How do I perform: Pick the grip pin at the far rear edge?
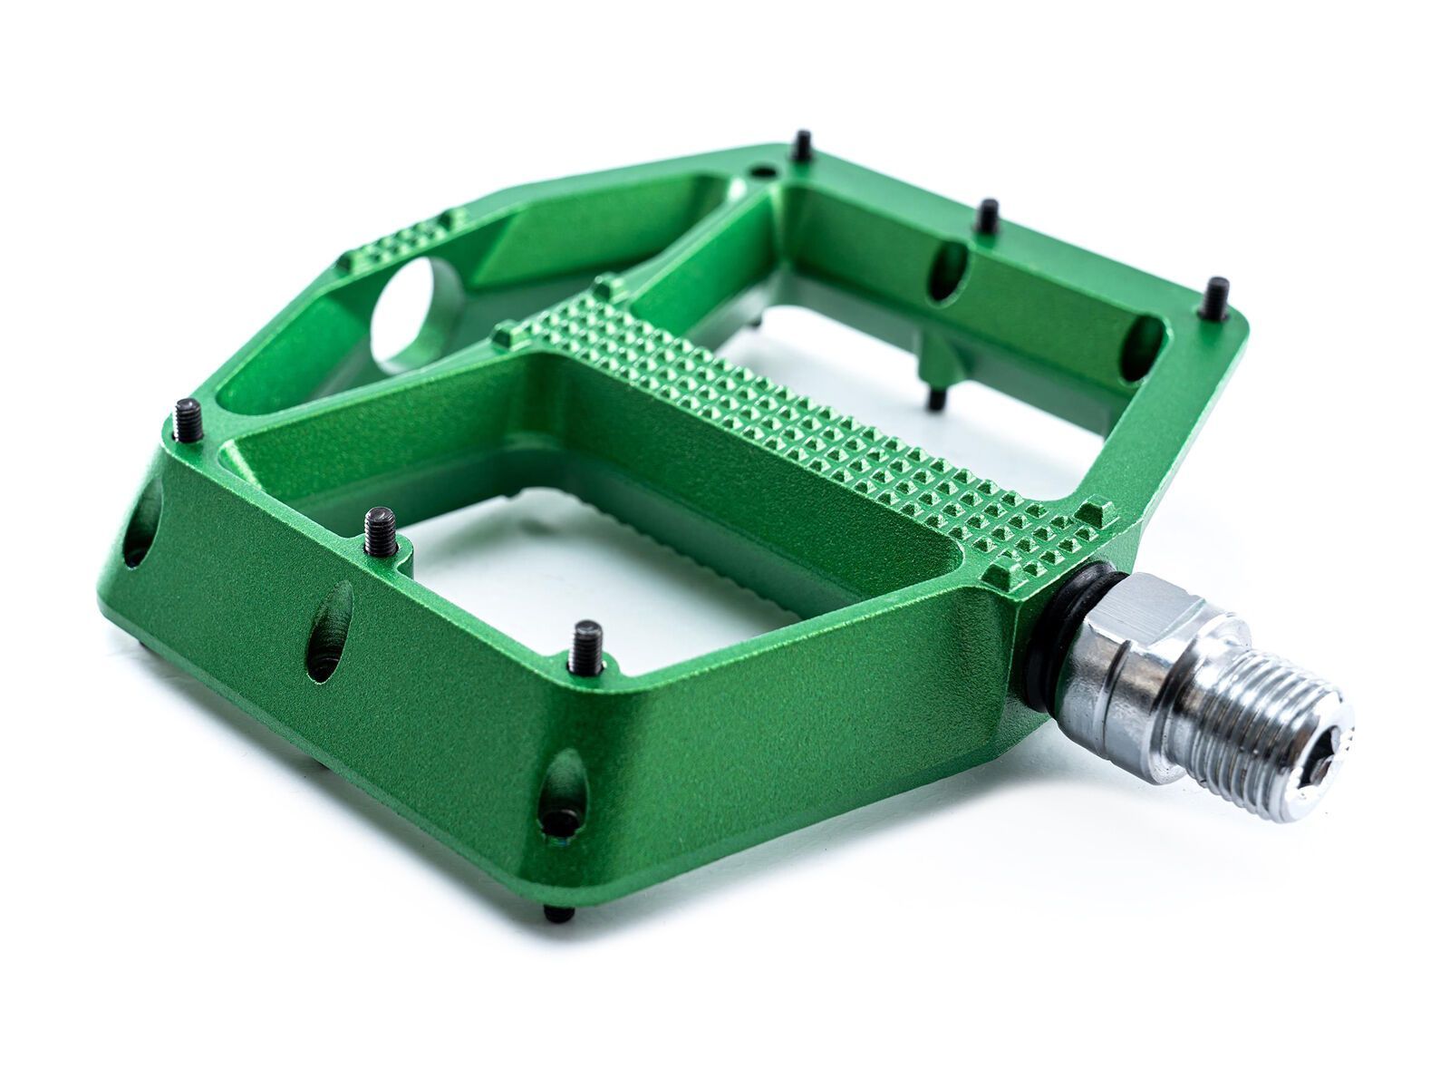[x=802, y=146]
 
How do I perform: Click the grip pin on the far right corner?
[x=1216, y=299]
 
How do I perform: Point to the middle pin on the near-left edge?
[x=382, y=532]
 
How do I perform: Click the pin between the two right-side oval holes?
[x=988, y=218]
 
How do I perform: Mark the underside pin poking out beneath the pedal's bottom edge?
[x=556, y=913]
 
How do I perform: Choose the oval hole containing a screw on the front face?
[x=562, y=793]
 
